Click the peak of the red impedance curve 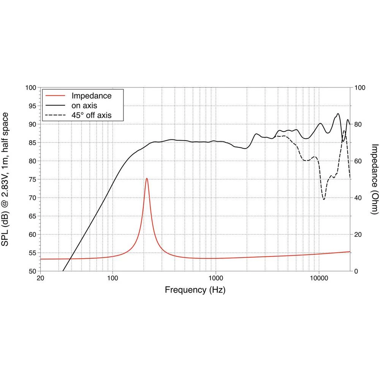147,178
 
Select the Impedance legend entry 91,96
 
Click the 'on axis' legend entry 84,105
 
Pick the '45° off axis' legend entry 91,114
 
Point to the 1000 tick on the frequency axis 215,278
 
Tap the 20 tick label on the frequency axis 40,278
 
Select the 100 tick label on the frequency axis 112,278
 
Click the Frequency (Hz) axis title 195,290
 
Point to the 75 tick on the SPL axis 33,179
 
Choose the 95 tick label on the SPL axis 33,106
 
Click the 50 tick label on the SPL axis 33,271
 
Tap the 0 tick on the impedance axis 356,271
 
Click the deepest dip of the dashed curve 324,199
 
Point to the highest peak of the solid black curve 338,114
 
